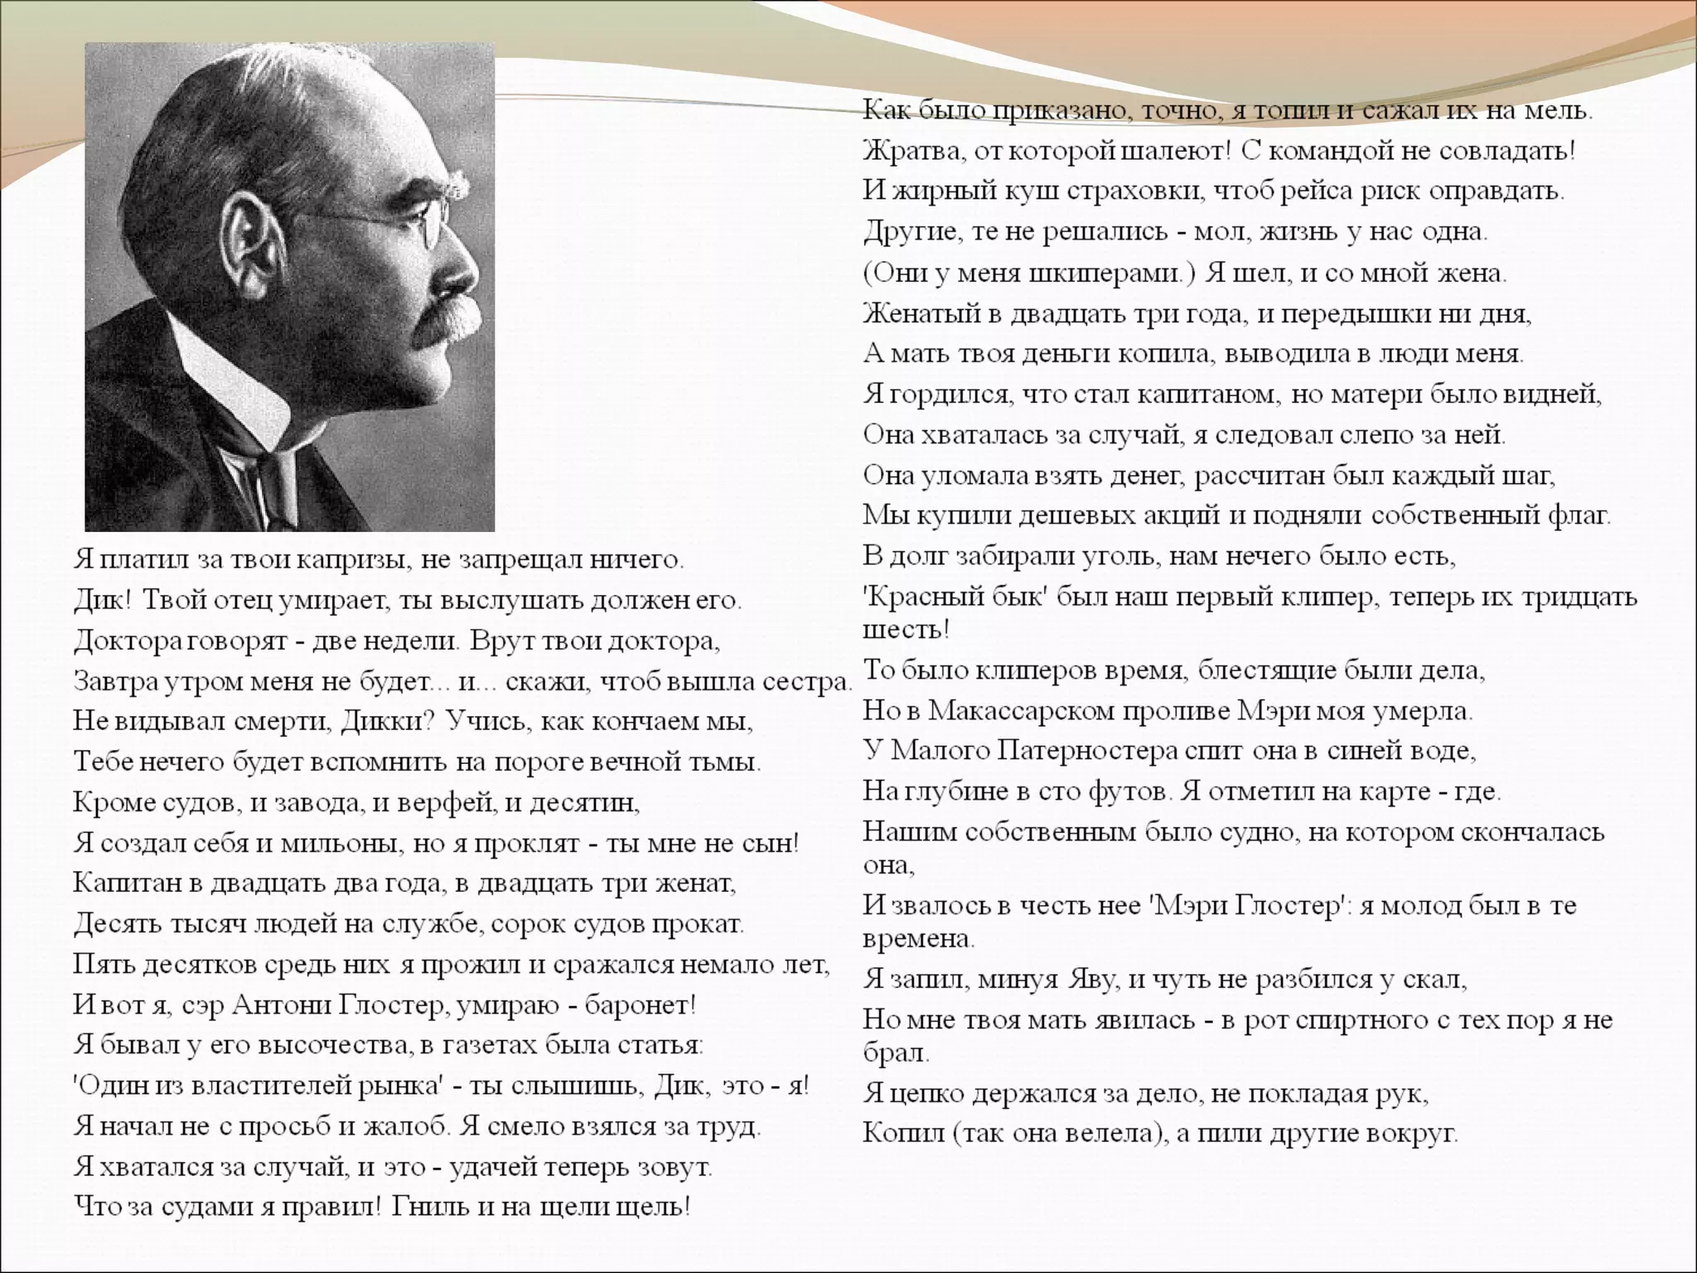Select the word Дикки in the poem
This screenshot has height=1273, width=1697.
point(383,720)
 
